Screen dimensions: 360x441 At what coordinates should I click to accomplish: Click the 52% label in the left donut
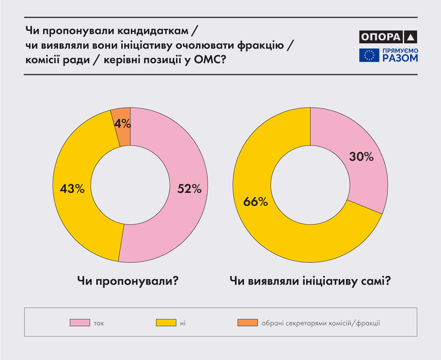coord(189,189)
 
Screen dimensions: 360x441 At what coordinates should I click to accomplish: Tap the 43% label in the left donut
coord(73,189)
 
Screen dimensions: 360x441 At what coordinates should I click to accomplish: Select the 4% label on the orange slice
coord(122,124)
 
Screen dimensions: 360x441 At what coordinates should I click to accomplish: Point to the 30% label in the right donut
coord(361,157)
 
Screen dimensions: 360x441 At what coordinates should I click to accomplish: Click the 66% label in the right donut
coord(255,201)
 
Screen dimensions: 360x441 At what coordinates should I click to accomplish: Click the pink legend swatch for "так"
coord(80,323)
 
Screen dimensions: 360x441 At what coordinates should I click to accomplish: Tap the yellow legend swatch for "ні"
coord(166,323)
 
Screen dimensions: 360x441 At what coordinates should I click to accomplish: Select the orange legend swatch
coord(247,323)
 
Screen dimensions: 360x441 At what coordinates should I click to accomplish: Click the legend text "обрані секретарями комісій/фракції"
coord(320,323)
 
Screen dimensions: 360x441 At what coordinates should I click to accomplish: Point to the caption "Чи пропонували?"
coord(128,282)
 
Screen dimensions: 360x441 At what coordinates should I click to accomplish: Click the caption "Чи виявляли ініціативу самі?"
coord(310,282)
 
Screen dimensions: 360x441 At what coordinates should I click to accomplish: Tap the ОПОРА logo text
coord(380,37)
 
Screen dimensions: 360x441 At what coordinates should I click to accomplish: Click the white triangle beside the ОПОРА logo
coord(411,37)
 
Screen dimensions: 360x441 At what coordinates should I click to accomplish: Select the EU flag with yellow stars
coord(369,55)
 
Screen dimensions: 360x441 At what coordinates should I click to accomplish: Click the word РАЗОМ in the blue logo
coord(400,58)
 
